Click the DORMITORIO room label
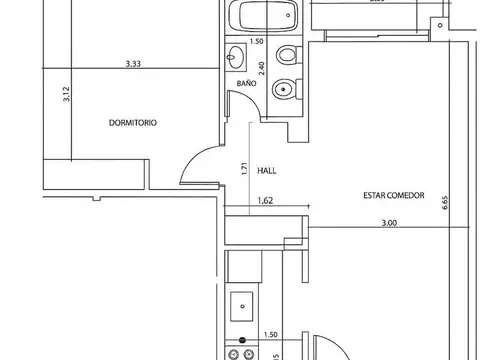point(133,122)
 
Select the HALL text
point(267,170)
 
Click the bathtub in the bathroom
point(262,16)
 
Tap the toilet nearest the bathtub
point(287,54)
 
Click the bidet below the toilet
point(285,89)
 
